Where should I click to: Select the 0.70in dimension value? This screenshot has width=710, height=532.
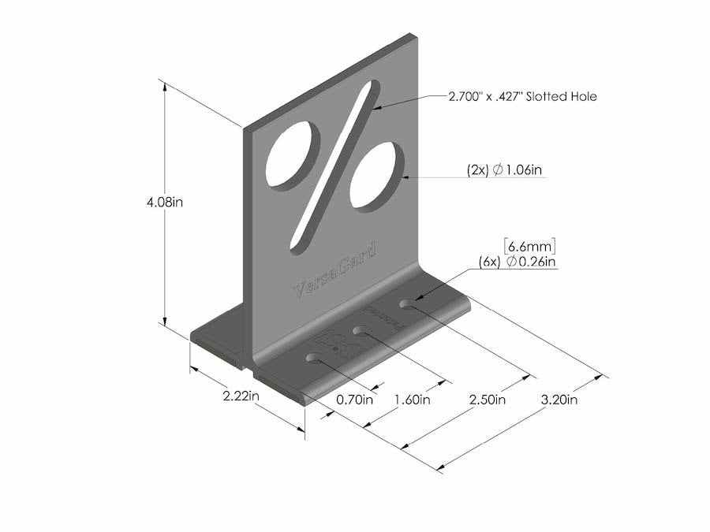[354, 400]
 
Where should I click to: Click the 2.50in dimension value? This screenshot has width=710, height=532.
[487, 400]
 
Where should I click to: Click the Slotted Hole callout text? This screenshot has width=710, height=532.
[522, 97]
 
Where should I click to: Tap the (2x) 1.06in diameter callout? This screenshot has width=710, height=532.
[504, 169]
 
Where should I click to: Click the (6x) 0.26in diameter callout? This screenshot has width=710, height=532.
[518, 261]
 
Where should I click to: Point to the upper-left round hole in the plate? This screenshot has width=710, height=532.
[292, 154]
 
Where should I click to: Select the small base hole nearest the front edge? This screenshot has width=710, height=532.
[315, 359]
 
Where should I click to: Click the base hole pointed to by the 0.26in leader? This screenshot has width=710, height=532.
[408, 303]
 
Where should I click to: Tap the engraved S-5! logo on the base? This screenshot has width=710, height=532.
[337, 344]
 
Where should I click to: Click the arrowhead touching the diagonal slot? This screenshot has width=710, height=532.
[378, 106]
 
